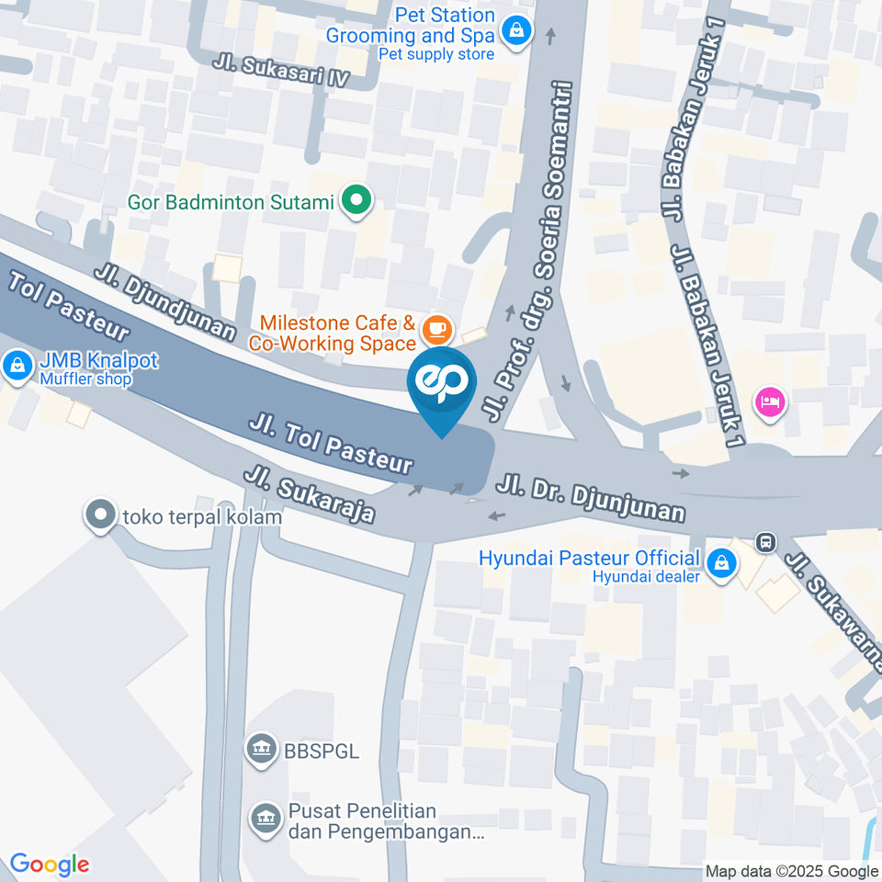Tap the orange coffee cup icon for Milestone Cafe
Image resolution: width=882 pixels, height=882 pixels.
pyautogui.click(x=436, y=328)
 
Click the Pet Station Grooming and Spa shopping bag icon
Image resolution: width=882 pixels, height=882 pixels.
pyautogui.click(x=518, y=33)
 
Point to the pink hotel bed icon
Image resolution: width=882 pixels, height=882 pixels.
pyautogui.click(x=768, y=401)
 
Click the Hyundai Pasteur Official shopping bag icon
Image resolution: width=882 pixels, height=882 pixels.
pyautogui.click(x=722, y=563)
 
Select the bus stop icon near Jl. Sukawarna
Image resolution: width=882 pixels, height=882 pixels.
pyautogui.click(x=764, y=543)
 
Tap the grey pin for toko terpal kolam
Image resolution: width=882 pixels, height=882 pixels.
pyautogui.click(x=99, y=515)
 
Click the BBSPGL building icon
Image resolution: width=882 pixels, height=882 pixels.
pyautogui.click(x=262, y=749)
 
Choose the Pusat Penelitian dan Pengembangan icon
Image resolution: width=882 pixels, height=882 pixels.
pyautogui.click(x=266, y=818)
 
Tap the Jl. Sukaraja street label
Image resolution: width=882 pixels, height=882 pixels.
pyautogui.click(x=309, y=494)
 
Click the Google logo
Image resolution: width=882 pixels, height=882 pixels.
pyautogui.click(x=50, y=865)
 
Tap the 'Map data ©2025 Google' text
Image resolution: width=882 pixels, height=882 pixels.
pyautogui.click(x=791, y=871)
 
